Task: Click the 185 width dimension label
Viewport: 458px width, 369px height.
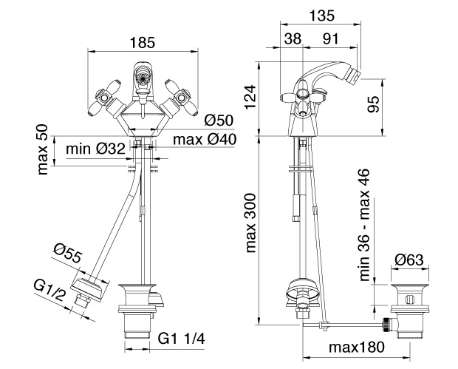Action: tap(143, 43)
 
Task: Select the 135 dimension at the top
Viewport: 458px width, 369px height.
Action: tap(321, 16)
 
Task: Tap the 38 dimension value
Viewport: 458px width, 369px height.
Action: tap(293, 38)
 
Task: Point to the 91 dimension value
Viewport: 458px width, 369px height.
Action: tap(331, 38)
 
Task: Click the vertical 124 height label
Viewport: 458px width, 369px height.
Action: tap(250, 97)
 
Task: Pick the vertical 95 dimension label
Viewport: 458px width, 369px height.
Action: tap(373, 104)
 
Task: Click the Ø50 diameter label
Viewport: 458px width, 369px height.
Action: tap(219, 121)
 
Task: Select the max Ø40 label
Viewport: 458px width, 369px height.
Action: tap(205, 140)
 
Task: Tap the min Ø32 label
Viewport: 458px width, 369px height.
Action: tap(96, 149)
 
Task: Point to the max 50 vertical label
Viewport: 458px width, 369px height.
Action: tap(43, 149)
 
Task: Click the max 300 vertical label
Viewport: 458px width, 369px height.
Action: tap(250, 223)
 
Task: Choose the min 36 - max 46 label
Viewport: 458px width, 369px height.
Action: tap(364, 225)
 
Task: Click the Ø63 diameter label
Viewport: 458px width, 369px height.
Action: tap(409, 260)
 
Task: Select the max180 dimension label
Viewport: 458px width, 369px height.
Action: tap(357, 348)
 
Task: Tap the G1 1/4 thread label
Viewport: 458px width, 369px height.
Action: tap(182, 339)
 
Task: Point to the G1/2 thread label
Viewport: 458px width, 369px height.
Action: tap(49, 290)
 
